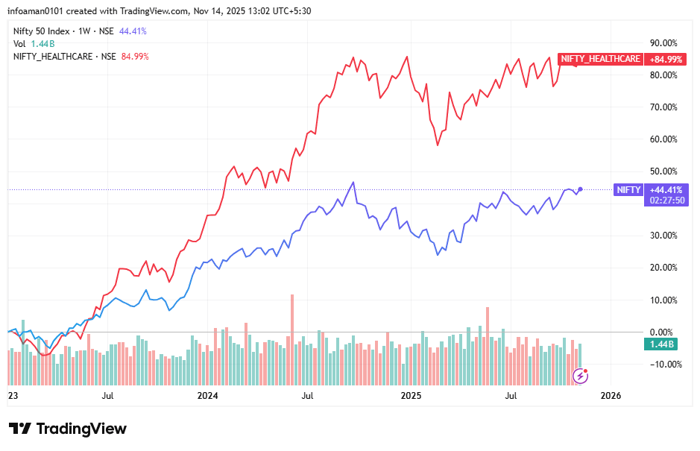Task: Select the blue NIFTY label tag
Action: pyautogui.click(x=628, y=189)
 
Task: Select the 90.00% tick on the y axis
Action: pyautogui.click(x=663, y=42)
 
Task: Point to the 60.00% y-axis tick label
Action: pyautogui.click(x=663, y=139)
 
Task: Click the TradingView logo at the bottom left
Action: pyautogui.click(x=68, y=429)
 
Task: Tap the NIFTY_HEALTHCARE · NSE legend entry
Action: pyautogui.click(x=65, y=56)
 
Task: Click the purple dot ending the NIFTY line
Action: pyautogui.click(x=581, y=189)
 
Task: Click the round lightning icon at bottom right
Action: pyautogui.click(x=580, y=376)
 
